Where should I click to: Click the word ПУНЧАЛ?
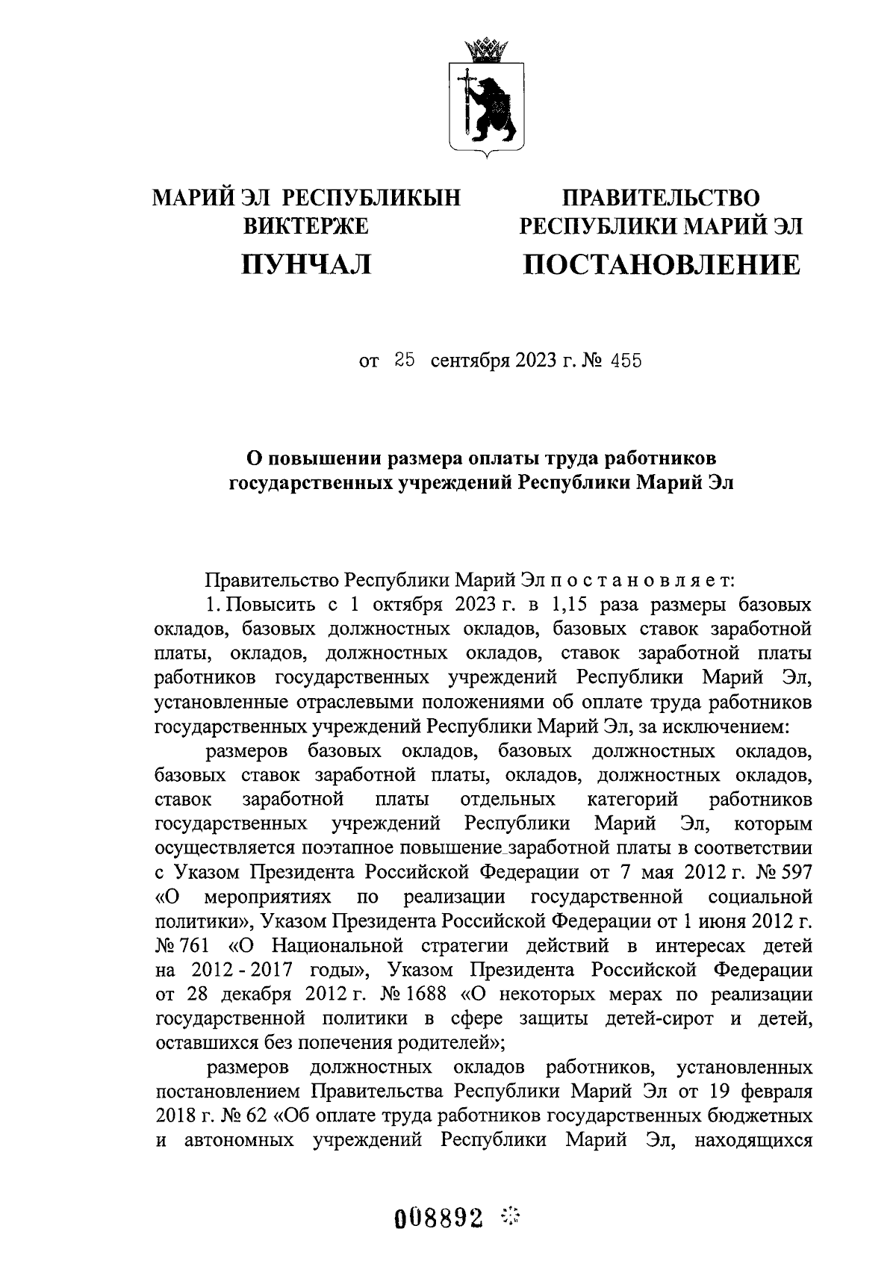point(306,264)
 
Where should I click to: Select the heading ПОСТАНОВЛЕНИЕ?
point(661,264)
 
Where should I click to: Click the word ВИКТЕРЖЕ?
point(307,225)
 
